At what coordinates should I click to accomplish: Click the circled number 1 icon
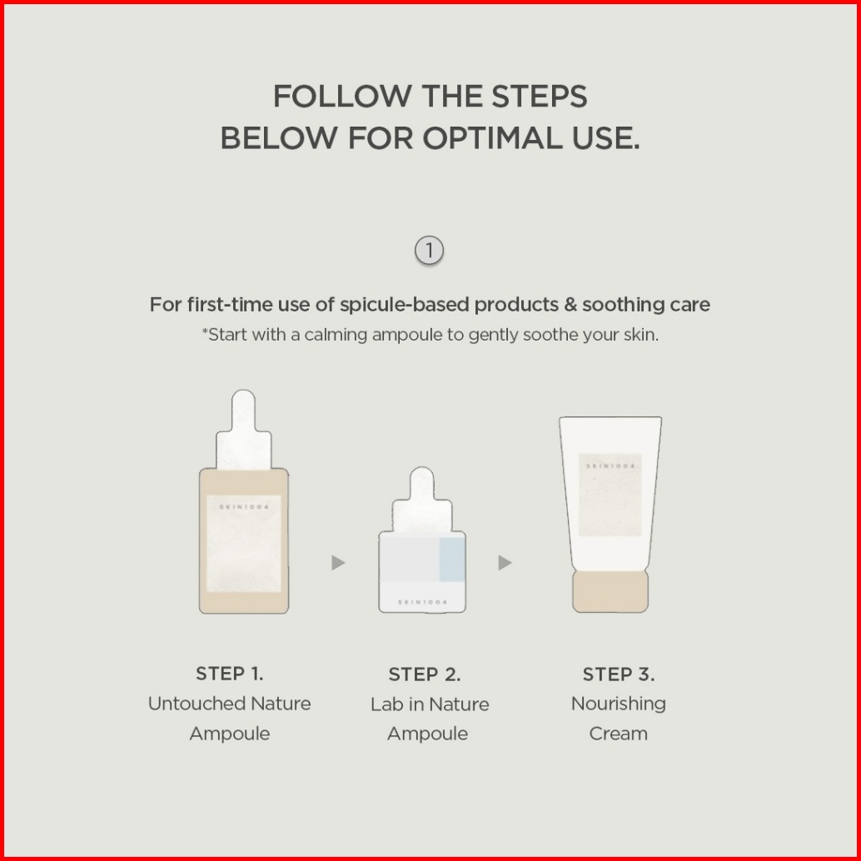pyautogui.click(x=429, y=251)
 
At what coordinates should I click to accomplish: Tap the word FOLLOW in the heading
pyautogui.click(x=342, y=96)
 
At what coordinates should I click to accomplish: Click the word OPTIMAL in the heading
pyautogui.click(x=491, y=137)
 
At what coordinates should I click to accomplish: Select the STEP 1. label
pyautogui.click(x=230, y=673)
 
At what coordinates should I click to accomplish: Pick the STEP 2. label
pyautogui.click(x=425, y=674)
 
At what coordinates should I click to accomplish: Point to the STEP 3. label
pyautogui.click(x=619, y=674)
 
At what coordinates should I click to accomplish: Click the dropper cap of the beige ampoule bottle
pyautogui.click(x=243, y=430)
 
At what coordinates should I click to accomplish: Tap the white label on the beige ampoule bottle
pyautogui.click(x=243, y=544)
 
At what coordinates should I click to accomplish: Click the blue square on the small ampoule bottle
pyautogui.click(x=452, y=559)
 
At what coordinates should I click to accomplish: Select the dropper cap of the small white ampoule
pyautogui.click(x=421, y=499)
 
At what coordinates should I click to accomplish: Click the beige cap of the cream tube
pyautogui.click(x=610, y=591)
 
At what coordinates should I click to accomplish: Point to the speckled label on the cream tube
pyautogui.click(x=610, y=495)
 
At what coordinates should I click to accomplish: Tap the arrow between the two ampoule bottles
pyautogui.click(x=338, y=562)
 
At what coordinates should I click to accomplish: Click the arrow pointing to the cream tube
pyautogui.click(x=505, y=562)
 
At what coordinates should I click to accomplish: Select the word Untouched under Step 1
pyautogui.click(x=197, y=704)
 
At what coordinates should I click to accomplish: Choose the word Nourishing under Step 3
pyautogui.click(x=619, y=704)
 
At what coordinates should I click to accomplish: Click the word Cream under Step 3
pyautogui.click(x=619, y=734)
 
